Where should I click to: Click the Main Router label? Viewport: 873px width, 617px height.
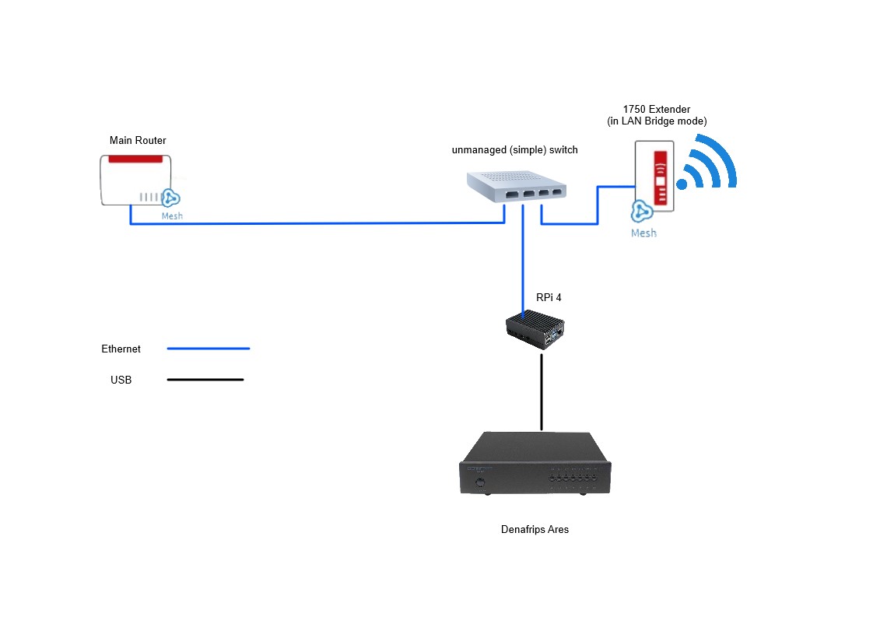pyautogui.click(x=138, y=141)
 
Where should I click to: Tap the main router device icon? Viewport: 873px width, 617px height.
pyautogui.click(x=134, y=180)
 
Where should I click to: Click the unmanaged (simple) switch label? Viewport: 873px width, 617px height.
pyautogui.click(x=514, y=149)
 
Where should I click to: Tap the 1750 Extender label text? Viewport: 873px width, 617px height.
pyautogui.click(x=656, y=109)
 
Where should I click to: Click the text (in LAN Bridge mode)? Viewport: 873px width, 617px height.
pyautogui.click(x=656, y=121)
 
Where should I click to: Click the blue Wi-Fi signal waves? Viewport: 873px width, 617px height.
pyautogui.click(x=708, y=165)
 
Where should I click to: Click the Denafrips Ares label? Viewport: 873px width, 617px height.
pyautogui.click(x=535, y=530)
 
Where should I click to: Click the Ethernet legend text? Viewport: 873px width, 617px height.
pyautogui.click(x=121, y=349)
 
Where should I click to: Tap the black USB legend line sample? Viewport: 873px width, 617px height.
pyautogui.click(x=205, y=380)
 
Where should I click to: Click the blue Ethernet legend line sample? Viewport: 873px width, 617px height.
pyautogui.click(x=209, y=349)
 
